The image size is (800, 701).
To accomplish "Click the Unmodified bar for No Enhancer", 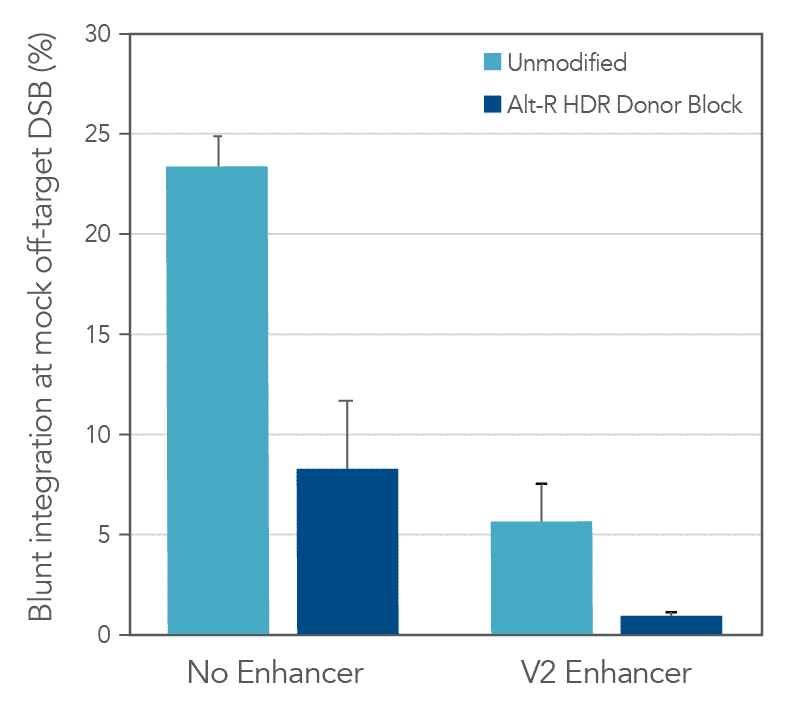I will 217,400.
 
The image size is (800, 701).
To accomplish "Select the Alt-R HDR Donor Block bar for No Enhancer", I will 347,551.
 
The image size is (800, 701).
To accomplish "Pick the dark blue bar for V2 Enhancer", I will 672,625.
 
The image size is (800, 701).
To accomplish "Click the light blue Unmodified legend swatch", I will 489,63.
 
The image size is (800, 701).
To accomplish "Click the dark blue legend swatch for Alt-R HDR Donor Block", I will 489,104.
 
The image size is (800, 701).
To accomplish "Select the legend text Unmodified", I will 566,63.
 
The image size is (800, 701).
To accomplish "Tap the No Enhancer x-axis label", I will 275,673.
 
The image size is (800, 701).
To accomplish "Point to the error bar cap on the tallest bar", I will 217,136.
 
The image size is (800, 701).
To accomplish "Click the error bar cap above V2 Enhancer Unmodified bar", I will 542,484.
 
